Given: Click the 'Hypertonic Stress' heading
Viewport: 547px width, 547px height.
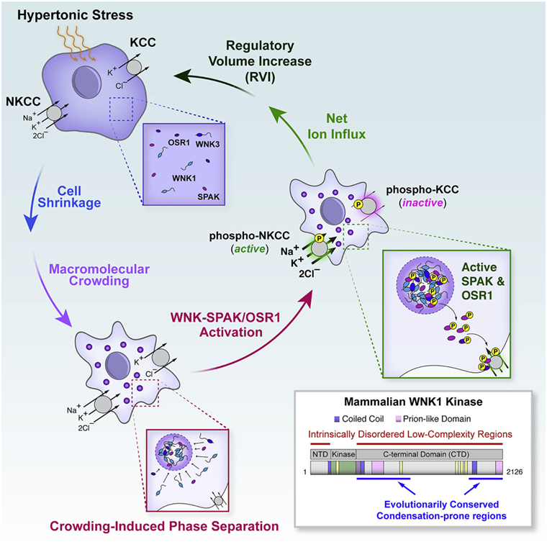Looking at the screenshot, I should pyautogui.click(x=63, y=15).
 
